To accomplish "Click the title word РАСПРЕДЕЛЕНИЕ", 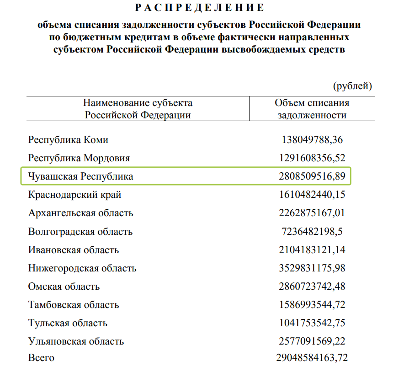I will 199,7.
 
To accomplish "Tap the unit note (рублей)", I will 353,85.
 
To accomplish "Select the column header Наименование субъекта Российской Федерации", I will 138,109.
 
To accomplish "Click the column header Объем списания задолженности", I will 312,109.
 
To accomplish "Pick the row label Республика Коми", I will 68,140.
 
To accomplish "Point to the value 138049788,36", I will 312,140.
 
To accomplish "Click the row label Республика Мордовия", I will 79,158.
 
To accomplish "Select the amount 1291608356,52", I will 312,158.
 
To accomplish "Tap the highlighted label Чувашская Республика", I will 81,176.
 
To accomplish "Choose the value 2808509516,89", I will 312,176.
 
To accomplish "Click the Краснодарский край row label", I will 75,195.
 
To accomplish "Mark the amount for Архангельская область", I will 312,213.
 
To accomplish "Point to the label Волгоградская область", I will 80,232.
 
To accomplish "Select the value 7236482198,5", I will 312,232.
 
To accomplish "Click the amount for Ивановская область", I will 312,250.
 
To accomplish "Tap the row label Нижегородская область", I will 82,268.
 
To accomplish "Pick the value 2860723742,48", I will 312,287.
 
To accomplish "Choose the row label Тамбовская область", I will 74,305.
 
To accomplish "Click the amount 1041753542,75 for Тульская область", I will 312,323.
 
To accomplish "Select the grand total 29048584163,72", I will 309,357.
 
